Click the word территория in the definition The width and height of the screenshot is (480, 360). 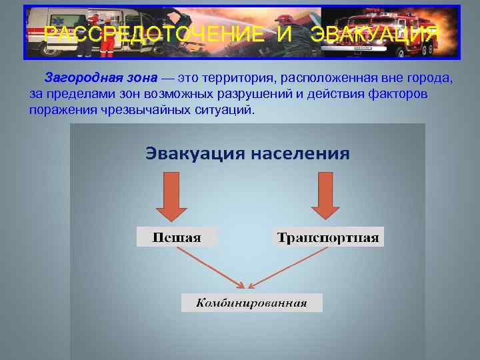tap(228, 79)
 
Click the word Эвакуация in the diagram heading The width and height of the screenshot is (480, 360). tap(193, 154)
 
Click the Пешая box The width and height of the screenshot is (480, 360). tap(177, 237)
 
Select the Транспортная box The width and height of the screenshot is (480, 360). tap(328, 237)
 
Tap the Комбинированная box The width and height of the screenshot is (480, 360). tap(251, 303)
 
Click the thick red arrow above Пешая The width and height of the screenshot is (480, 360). tap(176, 197)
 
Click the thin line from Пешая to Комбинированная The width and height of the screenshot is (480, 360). tap(207, 266)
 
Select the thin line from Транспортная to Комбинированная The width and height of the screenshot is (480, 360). tap(293, 266)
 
